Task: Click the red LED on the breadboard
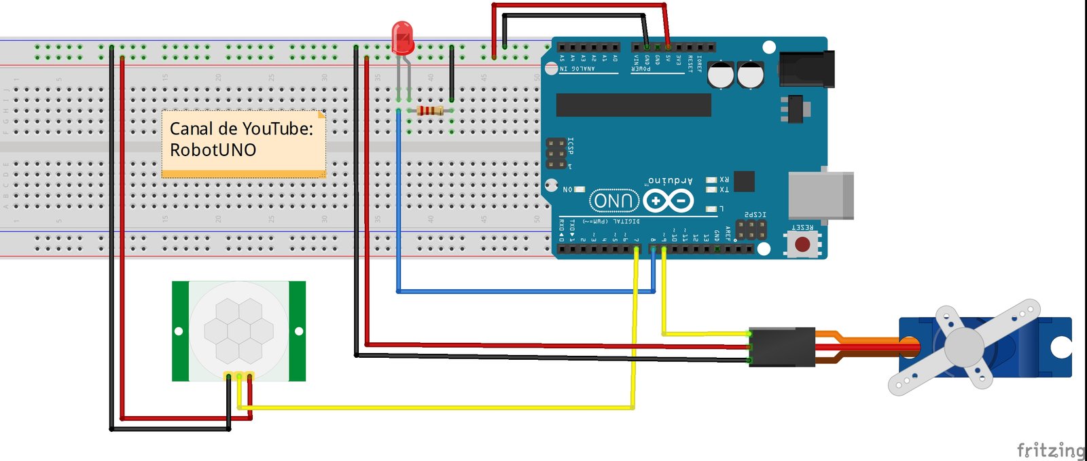pos(402,37)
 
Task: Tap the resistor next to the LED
pos(429,110)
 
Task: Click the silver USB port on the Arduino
pos(821,196)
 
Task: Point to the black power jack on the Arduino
pos(806,69)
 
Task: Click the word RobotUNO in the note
pos(213,150)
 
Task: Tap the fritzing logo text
pos(1050,449)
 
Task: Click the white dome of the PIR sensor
pos(239,331)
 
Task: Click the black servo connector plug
pos(782,347)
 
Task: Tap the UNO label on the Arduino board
pos(614,201)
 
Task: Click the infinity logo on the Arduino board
pos(669,201)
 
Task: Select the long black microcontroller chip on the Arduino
pos(633,105)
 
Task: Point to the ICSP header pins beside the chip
pos(556,154)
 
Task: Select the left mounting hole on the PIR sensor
pos(179,331)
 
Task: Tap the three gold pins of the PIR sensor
pos(239,375)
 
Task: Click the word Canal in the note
pos(192,128)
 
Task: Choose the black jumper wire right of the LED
pos(452,73)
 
